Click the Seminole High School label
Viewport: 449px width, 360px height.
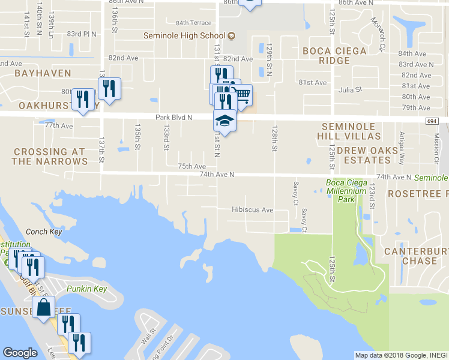[184, 35]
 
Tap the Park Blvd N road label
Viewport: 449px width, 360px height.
[173, 118]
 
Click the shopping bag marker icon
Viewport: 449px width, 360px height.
[44, 308]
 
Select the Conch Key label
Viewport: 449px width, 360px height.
[40, 231]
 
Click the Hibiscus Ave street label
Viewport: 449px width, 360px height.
[253, 210]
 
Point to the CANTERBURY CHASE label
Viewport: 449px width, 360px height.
[411, 256]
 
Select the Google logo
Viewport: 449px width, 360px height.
[20, 353]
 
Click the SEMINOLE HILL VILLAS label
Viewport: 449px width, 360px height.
[351, 131]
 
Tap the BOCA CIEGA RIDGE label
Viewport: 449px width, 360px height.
[334, 56]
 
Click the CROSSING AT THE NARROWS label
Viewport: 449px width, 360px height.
[49, 157]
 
